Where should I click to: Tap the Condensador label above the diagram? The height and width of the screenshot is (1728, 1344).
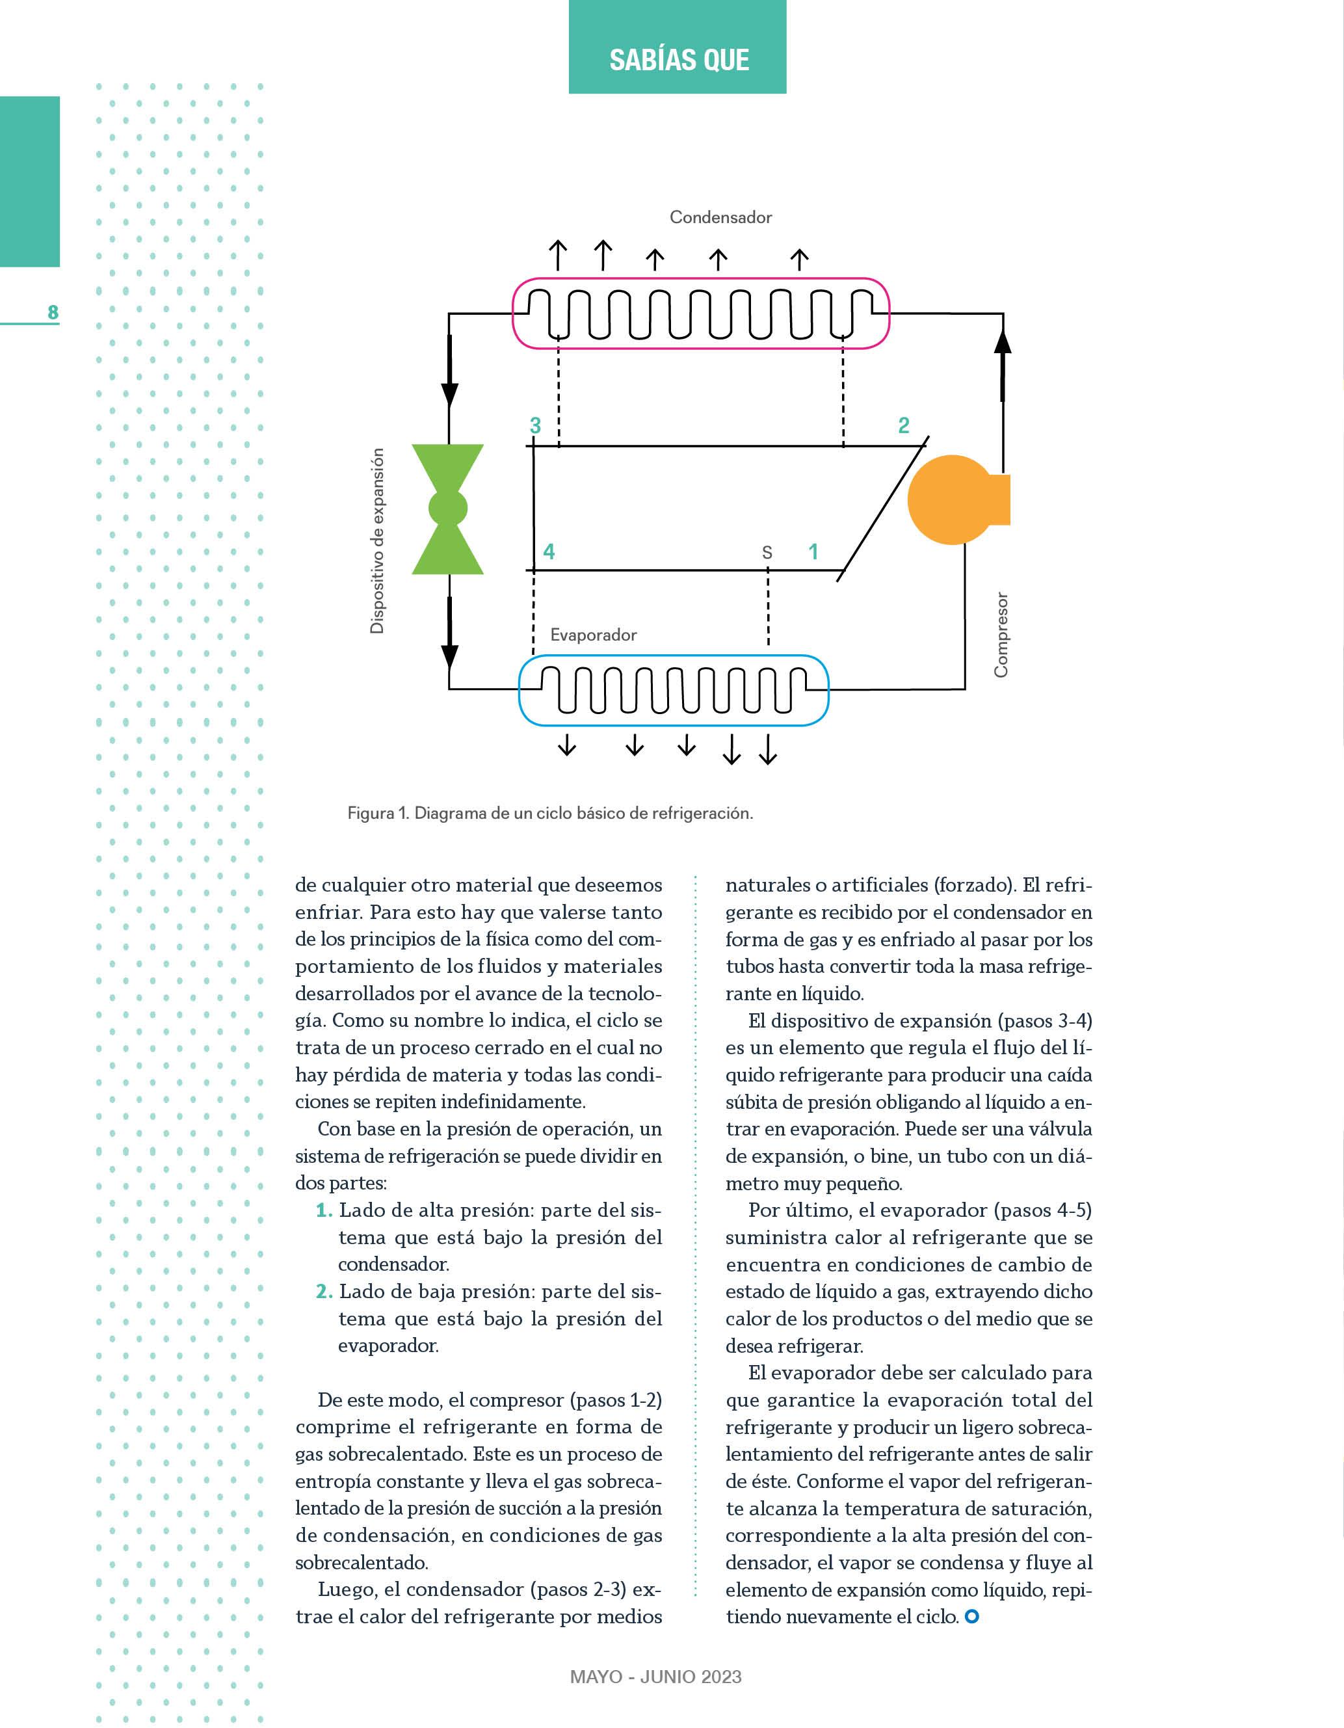[x=720, y=217]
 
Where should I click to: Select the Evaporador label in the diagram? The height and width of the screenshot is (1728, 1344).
[x=593, y=635]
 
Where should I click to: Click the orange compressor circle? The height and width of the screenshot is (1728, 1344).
[x=952, y=499]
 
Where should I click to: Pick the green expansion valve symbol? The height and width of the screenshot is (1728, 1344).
[x=448, y=509]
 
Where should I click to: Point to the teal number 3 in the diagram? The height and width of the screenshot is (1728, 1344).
[x=536, y=426]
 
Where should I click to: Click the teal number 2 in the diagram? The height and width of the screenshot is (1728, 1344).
[x=903, y=426]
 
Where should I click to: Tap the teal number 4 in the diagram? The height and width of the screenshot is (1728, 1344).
[x=549, y=552]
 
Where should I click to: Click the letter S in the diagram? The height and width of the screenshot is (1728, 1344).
[x=767, y=552]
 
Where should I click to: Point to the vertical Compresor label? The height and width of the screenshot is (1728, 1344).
[x=1001, y=635]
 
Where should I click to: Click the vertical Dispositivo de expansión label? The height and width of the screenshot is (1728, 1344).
[x=377, y=540]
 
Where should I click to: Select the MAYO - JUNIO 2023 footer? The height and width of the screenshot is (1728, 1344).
[x=656, y=1677]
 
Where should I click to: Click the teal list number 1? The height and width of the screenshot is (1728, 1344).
[x=324, y=1210]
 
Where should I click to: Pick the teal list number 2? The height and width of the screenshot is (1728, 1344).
[x=324, y=1291]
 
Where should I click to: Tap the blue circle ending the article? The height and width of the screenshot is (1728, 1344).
[x=972, y=1616]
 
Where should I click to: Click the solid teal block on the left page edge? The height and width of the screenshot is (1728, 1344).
[x=29, y=181]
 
